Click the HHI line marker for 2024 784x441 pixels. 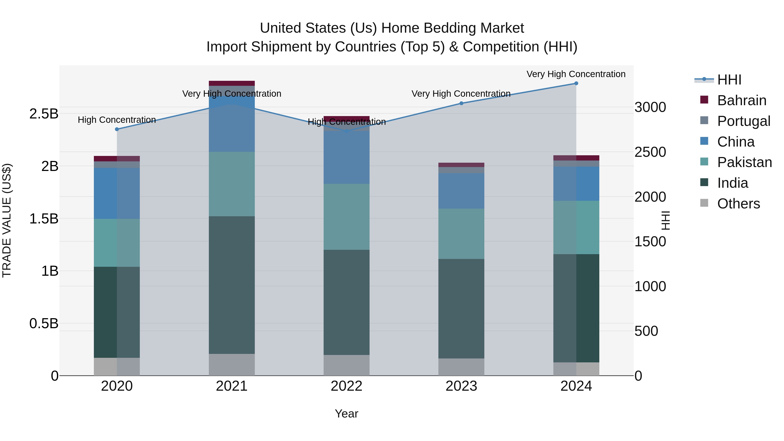[x=576, y=83]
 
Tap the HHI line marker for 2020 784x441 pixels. [x=117, y=129]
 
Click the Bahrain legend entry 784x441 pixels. [x=741, y=100]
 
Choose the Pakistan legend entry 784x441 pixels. [x=744, y=162]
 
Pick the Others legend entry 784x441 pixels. [x=738, y=204]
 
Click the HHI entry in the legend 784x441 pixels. [x=729, y=80]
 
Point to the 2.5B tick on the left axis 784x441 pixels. [x=44, y=114]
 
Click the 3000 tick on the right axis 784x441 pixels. [x=650, y=107]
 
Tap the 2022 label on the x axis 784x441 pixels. [x=346, y=386]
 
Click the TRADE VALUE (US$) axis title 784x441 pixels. [x=7, y=220]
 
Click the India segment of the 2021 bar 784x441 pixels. [x=232, y=285]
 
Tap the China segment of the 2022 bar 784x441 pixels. [x=346, y=157]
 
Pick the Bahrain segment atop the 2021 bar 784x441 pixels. [x=232, y=83]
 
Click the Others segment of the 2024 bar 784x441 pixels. [x=576, y=369]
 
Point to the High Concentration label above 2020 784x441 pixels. [x=117, y=120]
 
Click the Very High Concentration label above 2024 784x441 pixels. [x=576, y=74]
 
